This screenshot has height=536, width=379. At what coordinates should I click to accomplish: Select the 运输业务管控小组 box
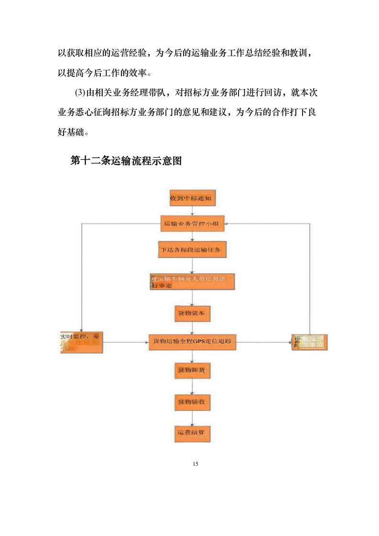[193, 224]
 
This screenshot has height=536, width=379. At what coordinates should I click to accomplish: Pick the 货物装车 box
[192, 313]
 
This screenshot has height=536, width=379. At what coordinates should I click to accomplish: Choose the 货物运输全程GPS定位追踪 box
[192, 342]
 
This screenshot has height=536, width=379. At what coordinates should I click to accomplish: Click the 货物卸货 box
[192, 370]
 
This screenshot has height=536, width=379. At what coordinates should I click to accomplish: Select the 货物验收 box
[192, 402]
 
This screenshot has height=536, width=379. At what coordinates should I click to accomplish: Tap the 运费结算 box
[192, 433]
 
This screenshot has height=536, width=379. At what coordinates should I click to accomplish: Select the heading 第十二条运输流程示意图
[126, 161]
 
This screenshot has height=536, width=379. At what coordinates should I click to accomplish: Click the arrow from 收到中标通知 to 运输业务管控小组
[192, 211]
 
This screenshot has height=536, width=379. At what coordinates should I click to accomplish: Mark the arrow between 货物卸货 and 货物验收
[192, 386]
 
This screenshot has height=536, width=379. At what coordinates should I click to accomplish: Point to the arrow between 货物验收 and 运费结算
[192, 417]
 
